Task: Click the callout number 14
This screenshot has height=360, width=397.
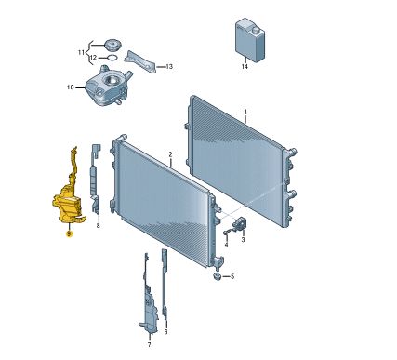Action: [245, 67]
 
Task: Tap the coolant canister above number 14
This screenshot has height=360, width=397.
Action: [250, 40]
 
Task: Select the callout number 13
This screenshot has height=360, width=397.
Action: [169, 67]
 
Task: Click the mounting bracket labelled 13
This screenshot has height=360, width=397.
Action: [139, 61]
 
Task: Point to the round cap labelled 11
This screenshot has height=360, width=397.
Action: [112, 46]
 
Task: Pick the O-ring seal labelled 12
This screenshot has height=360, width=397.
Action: [112, 58]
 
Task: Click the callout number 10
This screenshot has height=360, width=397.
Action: [71, 87]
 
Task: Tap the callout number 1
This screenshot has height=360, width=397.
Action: [245, 112]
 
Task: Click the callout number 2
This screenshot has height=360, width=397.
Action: [170, 154]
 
